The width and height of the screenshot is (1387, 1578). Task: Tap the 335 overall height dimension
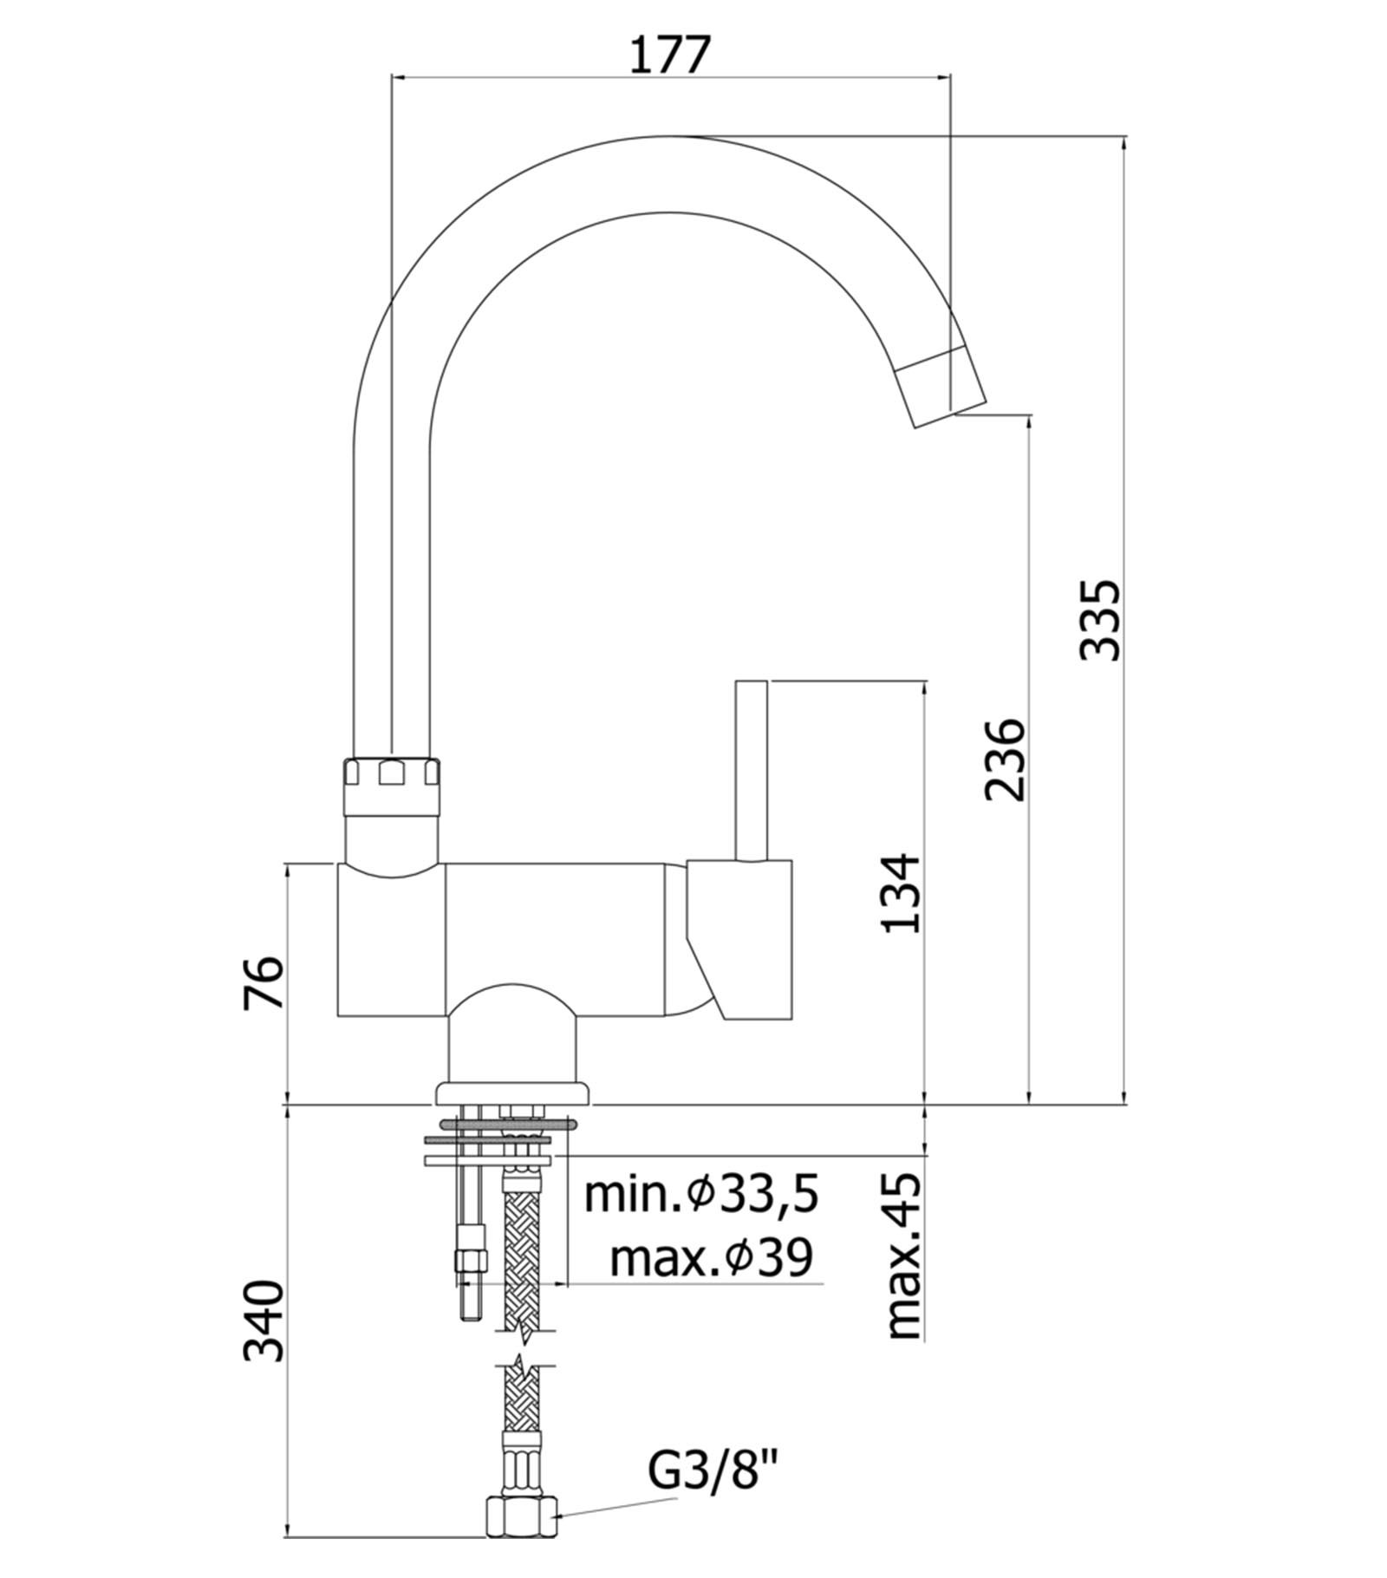point(1101,620)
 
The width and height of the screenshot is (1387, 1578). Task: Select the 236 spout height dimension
point(1006,759)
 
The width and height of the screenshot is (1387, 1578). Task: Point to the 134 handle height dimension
point(902,893)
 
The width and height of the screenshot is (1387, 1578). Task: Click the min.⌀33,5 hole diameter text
point(701,1195)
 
